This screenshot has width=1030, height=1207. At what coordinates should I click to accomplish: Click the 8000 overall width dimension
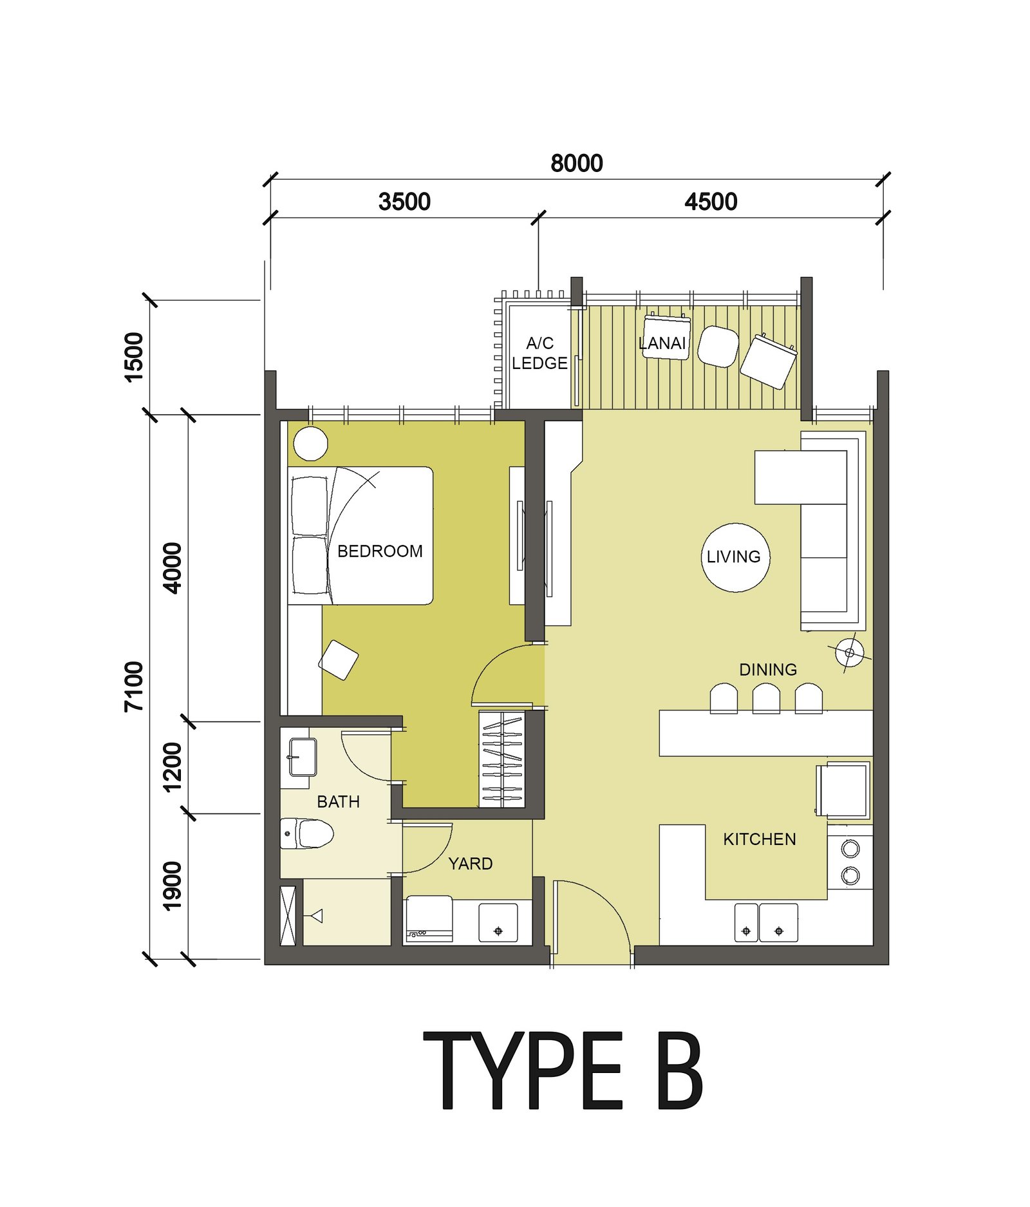576,164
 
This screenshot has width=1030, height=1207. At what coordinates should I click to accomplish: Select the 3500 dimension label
404,202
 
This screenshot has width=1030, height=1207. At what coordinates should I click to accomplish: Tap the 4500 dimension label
711,202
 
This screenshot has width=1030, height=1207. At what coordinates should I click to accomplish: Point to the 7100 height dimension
134,687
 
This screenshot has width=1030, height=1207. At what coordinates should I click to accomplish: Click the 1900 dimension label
172,886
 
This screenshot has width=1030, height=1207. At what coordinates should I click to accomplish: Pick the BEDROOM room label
380,551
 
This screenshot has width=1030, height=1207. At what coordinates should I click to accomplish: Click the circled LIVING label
734,557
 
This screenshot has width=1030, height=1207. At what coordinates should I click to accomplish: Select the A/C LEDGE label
539,353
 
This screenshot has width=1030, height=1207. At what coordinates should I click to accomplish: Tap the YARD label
470,864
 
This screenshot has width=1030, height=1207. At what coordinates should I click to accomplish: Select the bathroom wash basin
302,757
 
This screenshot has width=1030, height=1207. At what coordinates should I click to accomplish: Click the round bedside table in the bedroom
311,443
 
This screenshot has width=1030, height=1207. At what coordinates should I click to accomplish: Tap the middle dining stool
766,698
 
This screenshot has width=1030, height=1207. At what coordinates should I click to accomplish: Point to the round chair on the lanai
718,346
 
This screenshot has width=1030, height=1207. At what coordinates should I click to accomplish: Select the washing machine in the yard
429,918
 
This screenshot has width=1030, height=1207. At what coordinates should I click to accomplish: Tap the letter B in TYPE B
679,1070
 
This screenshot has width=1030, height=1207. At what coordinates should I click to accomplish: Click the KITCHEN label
760,839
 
